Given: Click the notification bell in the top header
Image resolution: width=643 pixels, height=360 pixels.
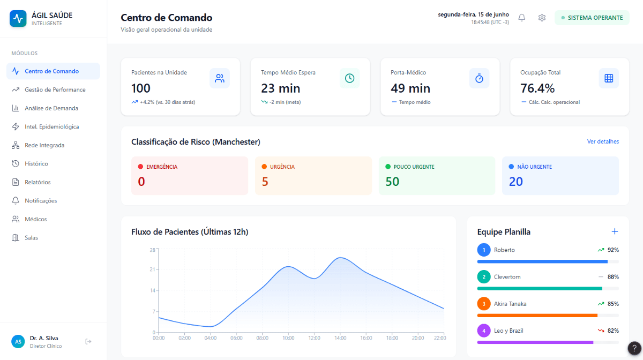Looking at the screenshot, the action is [x=521, y=18].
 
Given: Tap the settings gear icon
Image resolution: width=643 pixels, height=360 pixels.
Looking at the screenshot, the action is [x=542, y=18].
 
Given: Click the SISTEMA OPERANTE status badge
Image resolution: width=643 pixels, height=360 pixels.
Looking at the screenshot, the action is [x=592, y=18].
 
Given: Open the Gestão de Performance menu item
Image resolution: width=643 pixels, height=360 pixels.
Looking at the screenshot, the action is [x=55, y=89].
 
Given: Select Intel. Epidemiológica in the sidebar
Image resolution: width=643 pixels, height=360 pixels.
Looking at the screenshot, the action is [x=51, y=126].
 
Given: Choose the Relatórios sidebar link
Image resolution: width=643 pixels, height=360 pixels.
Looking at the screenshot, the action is [x=38, y=182].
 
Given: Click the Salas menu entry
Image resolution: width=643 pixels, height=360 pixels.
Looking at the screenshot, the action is [x=31, y=238].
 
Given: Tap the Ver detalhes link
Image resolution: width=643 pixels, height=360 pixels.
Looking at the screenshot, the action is [x=603, y=141].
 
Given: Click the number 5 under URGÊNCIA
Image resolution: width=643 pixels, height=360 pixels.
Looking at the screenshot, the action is [x=265, y=182].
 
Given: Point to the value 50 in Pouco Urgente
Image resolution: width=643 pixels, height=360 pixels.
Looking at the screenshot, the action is [x=392, y=182].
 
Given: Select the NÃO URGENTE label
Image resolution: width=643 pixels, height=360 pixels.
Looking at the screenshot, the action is [x=534, y=167].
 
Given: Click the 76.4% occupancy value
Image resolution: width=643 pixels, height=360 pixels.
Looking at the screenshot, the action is [x=537, y=88].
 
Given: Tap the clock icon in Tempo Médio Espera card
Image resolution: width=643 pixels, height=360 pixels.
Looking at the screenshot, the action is [x=349, y=78].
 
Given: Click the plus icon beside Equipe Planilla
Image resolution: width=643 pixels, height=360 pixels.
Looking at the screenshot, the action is [x=615, y=231].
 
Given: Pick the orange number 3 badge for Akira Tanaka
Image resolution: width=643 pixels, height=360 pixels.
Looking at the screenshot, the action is [x=484, y=304].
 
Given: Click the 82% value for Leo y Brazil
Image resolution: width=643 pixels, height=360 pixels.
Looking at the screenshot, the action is [x=613, y=331].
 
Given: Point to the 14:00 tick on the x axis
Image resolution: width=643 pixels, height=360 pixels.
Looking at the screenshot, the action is [x=340, y=338].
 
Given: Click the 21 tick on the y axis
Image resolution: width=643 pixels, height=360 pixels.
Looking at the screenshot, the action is [x=152, y=269].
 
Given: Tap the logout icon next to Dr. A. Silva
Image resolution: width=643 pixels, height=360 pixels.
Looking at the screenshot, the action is [x=88, y=342].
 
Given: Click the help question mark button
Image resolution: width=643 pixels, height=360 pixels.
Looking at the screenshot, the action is [x=634, y=348].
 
